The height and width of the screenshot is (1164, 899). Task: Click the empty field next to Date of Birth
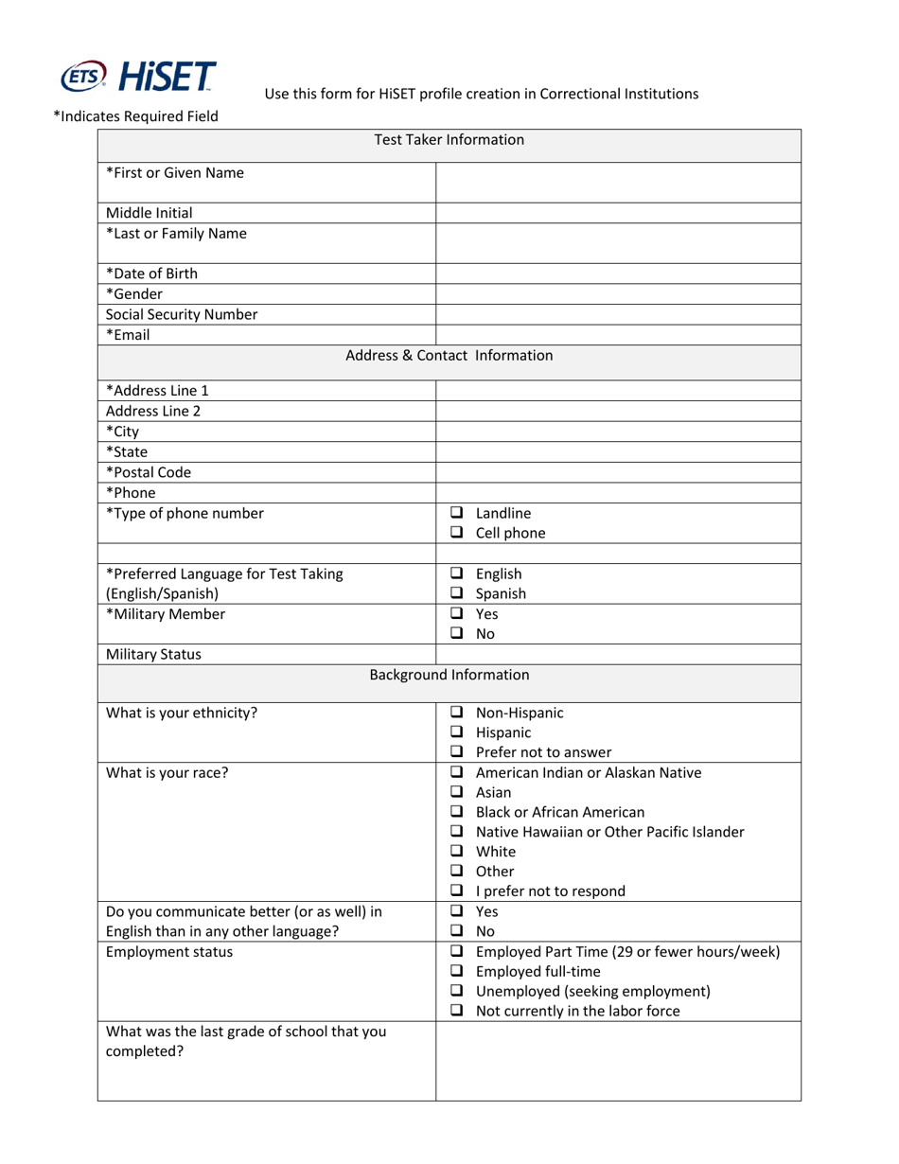click(x=617, y=274)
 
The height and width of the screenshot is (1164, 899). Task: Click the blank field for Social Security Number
click(x=617, y=315)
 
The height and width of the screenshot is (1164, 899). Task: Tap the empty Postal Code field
click(x=617, y=472)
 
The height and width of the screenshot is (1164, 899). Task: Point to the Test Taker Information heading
click(x=449, y=140)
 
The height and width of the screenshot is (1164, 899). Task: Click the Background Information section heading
click(x=449, y=676)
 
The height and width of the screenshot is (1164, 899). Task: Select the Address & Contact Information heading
click(x=449, y=356)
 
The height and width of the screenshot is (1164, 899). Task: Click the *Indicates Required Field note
click(x=135, y=116)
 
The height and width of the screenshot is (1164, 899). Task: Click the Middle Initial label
click(x=150, y=214)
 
